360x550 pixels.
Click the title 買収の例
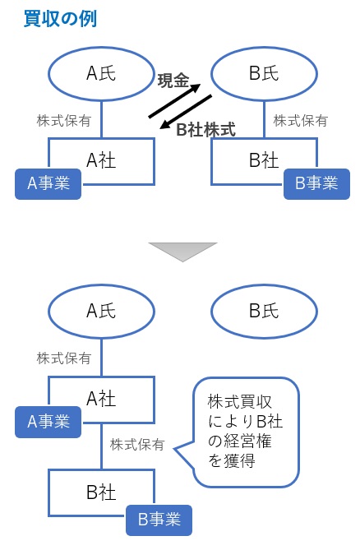coord(60,18)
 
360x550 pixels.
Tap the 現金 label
coord(173,80)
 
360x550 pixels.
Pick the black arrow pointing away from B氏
coord(187,114)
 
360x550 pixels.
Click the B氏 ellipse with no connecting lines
coord(265,311)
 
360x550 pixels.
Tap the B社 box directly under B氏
coord(265,159)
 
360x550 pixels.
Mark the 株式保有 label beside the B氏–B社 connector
coord(301,120)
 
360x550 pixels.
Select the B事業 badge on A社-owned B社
coord(159,520)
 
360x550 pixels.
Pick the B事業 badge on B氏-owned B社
coord(316,183)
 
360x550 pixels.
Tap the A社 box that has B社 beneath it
coord(101,400)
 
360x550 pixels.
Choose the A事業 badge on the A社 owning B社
coord(48,422)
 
